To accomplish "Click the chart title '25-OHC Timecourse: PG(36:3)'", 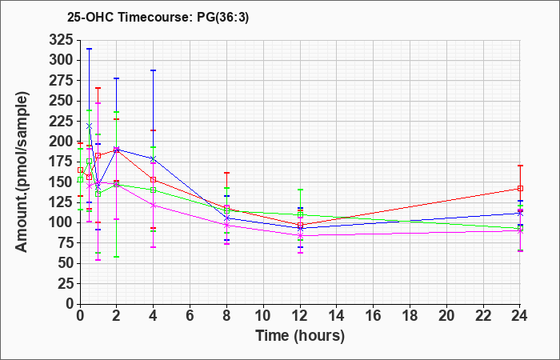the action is [x=158, y=17].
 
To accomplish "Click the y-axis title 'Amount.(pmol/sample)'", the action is [x=22, y=172].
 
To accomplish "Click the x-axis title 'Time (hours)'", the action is [x=300, y=336].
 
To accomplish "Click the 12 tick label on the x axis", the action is [x=300, y=316].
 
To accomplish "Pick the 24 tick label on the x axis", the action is [x=520, y=316].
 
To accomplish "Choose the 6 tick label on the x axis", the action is [x=190, y=316].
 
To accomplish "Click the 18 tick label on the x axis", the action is [x=410, y=316].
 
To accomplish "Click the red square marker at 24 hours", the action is [x=520, y=188].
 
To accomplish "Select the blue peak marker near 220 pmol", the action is [x=90, y=126].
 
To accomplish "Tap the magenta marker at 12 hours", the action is [x=300, y=236].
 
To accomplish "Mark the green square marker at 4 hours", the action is [x=154, y=190].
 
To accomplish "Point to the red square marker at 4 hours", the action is [x=154, y=180].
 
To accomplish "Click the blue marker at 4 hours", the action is [x=154, y=158].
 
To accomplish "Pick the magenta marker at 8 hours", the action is [x=226, y=226].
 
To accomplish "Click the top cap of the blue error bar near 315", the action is [x=90, y=49].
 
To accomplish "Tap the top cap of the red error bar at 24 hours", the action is [x=520, y=166].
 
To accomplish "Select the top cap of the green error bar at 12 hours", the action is [x=300, y=190].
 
